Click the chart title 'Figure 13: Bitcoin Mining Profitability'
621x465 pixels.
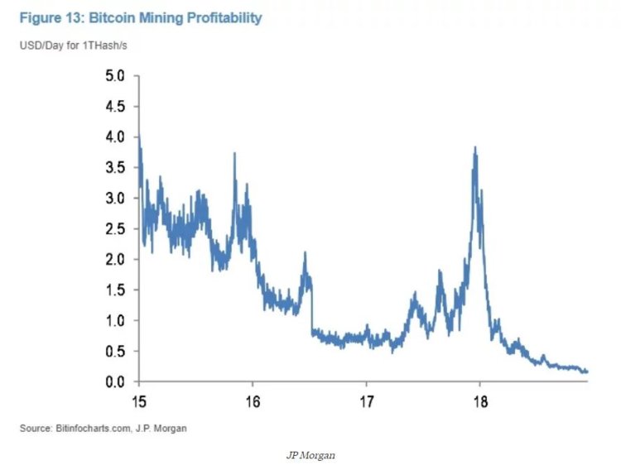tap(141, 17)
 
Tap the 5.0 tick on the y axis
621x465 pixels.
tap(115, 76)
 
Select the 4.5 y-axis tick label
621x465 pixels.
tap(115, 107)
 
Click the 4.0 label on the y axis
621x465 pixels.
tap(115, 137)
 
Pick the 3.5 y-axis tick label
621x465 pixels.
tap(115, 168)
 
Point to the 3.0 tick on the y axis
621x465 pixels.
tap(115, 199)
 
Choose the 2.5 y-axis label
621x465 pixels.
tap(115, 229)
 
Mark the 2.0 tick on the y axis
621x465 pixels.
tap(115, 260)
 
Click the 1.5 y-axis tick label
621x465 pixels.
tap(115, 290)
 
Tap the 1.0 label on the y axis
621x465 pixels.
tap(115, 321)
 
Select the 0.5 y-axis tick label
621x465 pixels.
tap(115, 352)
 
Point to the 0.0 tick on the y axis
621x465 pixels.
tap(115, 382)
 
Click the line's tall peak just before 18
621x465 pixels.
tap(474, 149)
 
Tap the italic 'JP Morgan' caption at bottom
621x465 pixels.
tap(310, 453)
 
